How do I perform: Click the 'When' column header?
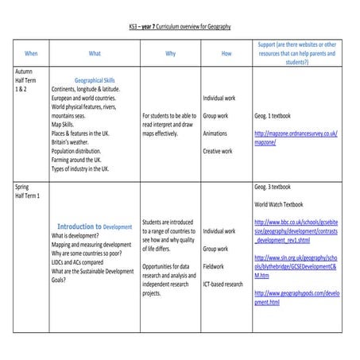(31, 53)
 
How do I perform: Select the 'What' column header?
(95, 53)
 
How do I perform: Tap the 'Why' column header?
(170, 53)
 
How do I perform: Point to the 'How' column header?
(226, 53)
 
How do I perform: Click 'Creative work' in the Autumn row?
(218, 151)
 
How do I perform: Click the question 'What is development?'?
(79, 236)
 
